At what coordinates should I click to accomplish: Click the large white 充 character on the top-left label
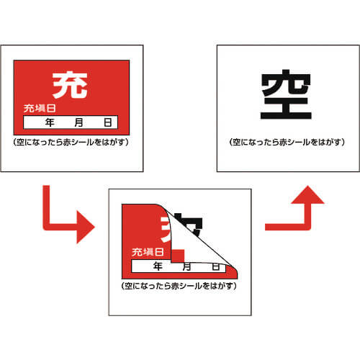click(70, 85)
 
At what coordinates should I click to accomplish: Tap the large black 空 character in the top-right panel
click(286, 94)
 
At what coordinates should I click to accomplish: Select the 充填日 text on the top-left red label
click(40, 109)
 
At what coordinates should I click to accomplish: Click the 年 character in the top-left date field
click(50, 122)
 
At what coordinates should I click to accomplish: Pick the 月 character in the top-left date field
click(78, 122)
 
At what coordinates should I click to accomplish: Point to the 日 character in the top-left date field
click(108, 122)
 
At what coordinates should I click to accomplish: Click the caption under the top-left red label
click(71, 142)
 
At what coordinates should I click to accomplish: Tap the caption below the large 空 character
click(287, 142)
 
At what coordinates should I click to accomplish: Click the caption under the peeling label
click(179, 286)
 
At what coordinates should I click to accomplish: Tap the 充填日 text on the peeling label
click(148, 252)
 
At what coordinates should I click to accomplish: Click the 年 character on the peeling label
click(158, 266)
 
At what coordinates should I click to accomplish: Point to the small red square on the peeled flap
click(178, 256)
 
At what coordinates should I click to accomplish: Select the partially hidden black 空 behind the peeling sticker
click(195, 225)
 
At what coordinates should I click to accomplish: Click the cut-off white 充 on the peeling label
click(166, 229)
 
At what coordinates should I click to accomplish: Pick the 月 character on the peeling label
click(186, 267)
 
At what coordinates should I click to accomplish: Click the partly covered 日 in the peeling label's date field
click(216, 267)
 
